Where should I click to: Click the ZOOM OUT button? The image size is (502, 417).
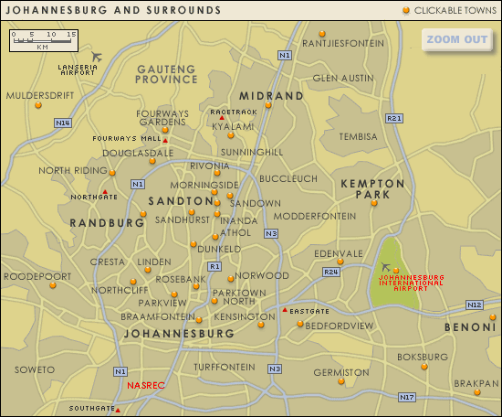[457, 39]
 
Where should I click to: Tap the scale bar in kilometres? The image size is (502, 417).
[44, 39]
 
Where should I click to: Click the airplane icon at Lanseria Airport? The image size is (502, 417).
[98, 57]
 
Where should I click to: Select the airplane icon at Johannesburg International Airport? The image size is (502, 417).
[386, 267]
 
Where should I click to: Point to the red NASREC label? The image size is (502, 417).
[146, 386]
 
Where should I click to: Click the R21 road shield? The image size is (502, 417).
[394, 118]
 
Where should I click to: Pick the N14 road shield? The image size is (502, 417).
[62, 123]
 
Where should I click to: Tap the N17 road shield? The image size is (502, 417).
[407, 397]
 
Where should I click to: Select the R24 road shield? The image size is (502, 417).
[331, 272]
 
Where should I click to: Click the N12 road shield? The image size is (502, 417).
[474, 305]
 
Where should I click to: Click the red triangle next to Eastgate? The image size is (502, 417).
[285, 311]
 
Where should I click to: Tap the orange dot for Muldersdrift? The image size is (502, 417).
[37, 105]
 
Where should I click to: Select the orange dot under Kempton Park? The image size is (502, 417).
[373, 203]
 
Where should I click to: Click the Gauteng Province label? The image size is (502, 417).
[166, 74]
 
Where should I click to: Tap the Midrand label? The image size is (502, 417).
[270, 96]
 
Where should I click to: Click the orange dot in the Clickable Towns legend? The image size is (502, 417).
[405, 10]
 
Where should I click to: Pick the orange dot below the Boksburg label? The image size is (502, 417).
[424, 367]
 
